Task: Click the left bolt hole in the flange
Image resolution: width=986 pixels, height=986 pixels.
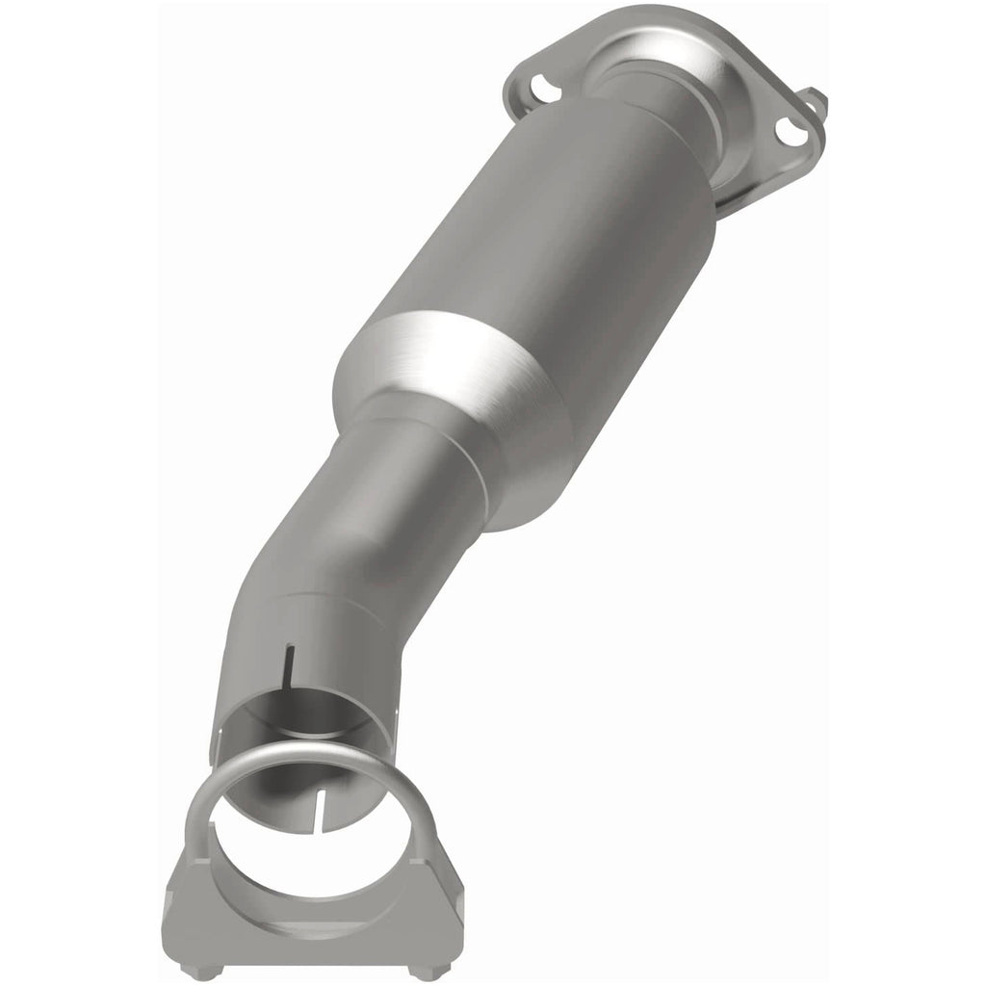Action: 544,88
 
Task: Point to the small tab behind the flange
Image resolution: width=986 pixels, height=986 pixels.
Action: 816,99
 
